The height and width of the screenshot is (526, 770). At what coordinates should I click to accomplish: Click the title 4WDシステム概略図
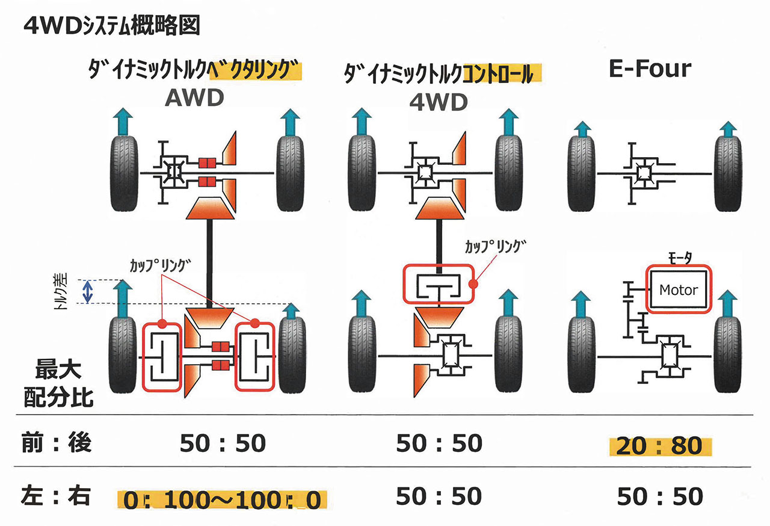point(112,26)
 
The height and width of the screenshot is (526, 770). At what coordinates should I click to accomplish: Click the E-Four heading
point(650,69)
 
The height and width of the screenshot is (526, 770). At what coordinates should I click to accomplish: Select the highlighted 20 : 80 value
point(659,446)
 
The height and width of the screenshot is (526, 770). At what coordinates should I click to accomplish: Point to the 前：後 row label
point(57,443)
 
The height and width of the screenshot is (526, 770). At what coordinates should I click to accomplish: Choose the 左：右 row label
point(56,496)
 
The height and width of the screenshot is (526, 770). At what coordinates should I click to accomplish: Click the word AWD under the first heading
point(194,97)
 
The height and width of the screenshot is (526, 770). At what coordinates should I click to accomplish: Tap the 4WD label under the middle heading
point(439,102)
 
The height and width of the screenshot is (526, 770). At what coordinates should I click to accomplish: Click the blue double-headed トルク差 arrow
point(88,292)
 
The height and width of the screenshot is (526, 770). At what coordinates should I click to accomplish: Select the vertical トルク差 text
point(61,291)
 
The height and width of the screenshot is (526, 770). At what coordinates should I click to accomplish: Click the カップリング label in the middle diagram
point(495,247)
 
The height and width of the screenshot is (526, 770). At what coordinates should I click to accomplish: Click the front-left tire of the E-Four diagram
point(581,173)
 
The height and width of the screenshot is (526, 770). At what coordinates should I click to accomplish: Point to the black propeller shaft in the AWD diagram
point(209,264)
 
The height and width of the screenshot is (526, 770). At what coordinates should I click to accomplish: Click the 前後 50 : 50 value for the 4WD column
point(439,443)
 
